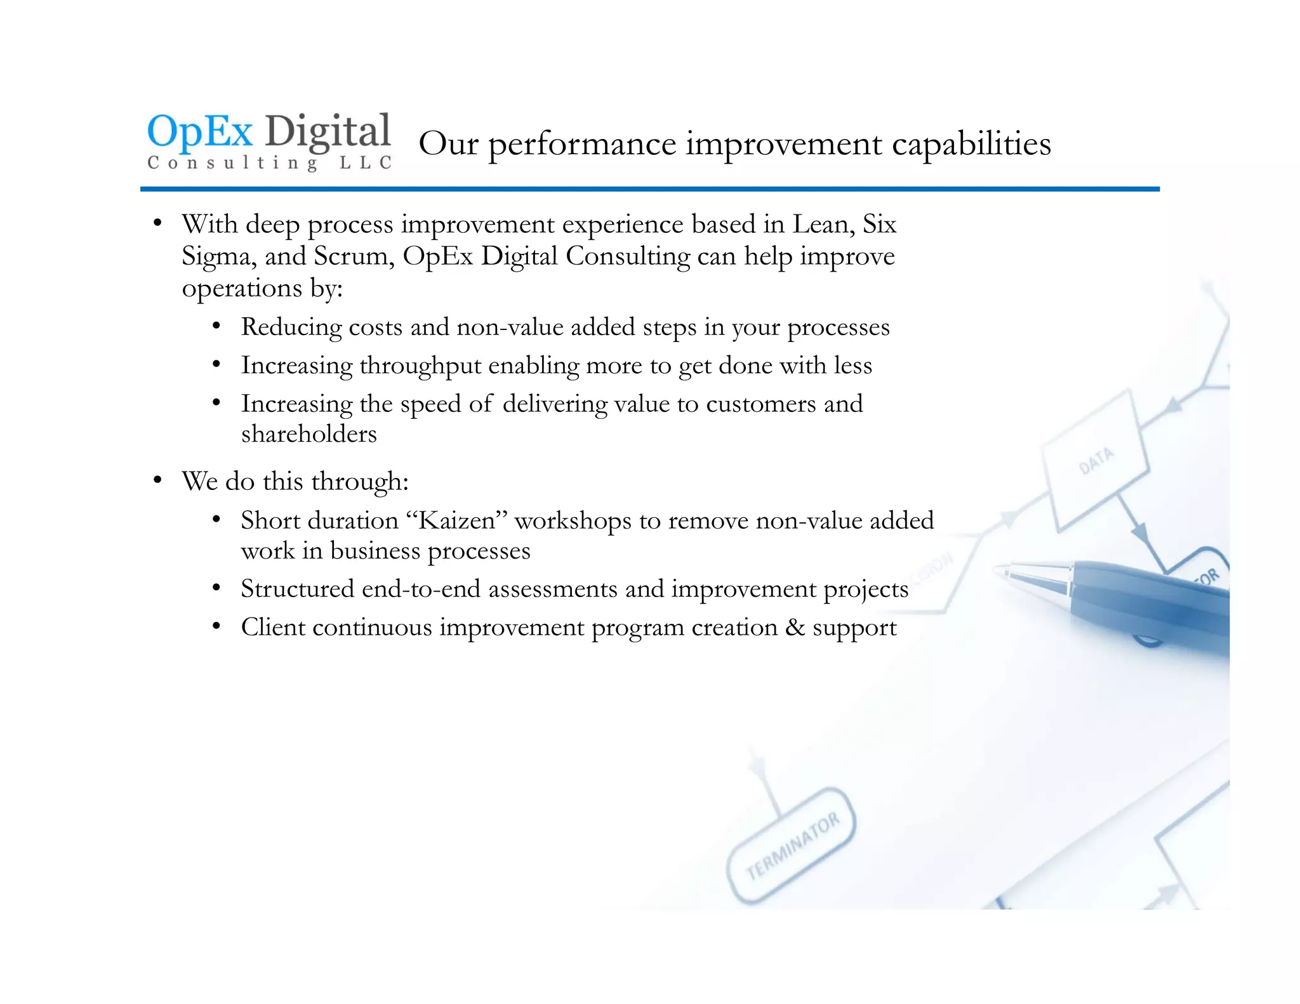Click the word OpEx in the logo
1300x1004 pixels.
coord(200,132)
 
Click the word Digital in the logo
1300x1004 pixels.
coord(328,132)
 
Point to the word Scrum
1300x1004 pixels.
coord(350,256)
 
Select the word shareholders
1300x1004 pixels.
coord(308,434)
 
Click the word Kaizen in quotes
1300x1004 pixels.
coord(456,520)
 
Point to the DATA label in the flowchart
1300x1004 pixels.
coord(1096,460)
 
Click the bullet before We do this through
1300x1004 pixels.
coord(157,480)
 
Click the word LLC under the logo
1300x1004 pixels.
coord(366,163)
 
